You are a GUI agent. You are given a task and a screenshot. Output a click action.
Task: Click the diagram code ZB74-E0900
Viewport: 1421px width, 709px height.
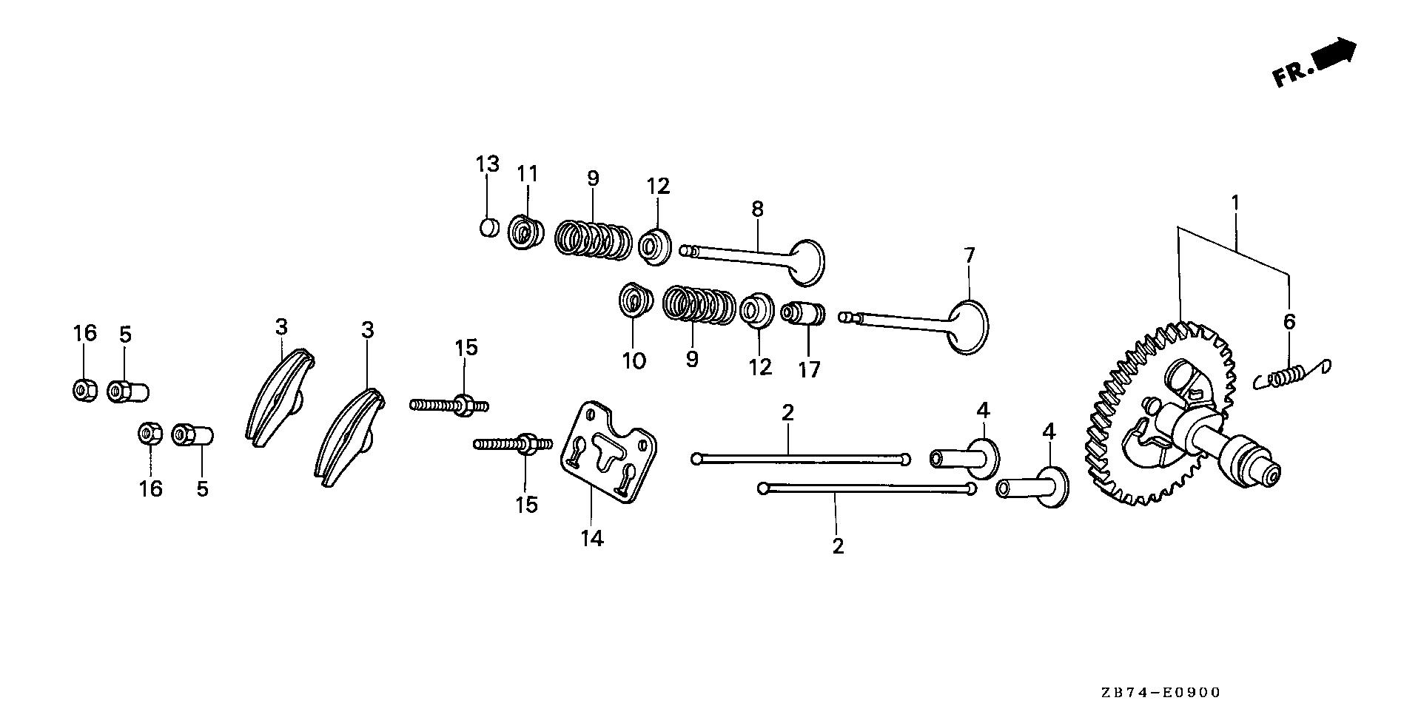point(1159,693)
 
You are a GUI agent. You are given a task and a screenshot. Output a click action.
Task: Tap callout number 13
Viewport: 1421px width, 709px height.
point(488,164)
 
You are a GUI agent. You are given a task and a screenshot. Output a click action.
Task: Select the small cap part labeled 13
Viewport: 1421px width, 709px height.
point(488,227)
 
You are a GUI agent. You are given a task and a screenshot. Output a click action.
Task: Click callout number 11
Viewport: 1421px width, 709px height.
point(527,174)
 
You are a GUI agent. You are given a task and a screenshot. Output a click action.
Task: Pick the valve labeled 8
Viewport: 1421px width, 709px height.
point(755,255)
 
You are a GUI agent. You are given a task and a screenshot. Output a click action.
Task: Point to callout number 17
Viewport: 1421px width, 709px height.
point(809,369)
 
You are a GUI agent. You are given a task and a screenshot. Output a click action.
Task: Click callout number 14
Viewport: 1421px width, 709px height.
point(592,539)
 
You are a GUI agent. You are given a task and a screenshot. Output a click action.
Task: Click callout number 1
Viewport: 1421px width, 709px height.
point(1234,202)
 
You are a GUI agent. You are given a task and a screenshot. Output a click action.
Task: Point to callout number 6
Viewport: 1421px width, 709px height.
point(1289,321)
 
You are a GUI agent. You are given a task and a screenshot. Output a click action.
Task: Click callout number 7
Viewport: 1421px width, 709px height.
point(970,255)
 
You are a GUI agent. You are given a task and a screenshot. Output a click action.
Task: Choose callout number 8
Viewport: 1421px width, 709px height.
point(757,209)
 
